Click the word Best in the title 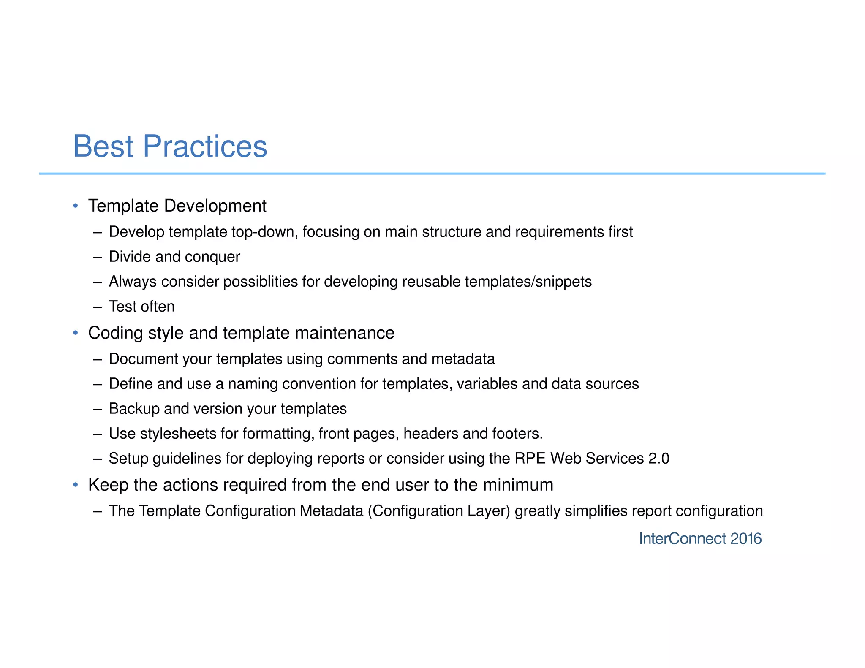pos(103,147)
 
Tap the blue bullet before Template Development pos(76,206)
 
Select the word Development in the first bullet pos(215,206)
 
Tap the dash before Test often pos(98,307)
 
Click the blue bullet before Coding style pos(76,333)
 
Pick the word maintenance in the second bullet pos(345,333)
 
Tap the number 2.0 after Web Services pos(658,459)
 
